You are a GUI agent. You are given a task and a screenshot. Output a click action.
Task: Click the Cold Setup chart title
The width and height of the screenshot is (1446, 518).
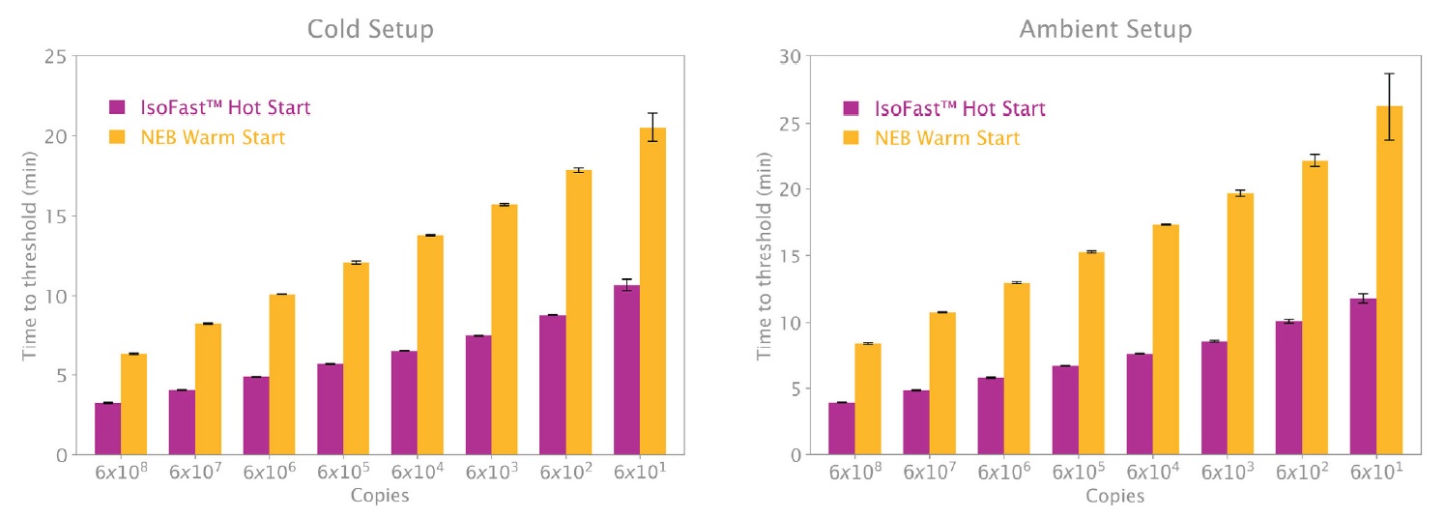click(x=370, y=29)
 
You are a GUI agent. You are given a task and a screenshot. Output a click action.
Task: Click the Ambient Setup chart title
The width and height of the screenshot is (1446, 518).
click(x=1105, y=29)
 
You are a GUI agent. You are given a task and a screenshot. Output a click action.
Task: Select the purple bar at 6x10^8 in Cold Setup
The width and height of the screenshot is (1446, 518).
click(x=108, y=429)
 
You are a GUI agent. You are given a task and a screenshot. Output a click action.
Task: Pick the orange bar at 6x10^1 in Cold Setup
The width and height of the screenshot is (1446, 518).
click(x=652, y=291)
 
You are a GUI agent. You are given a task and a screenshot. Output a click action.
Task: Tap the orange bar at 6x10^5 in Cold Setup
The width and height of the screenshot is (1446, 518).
click(x=357, y=359)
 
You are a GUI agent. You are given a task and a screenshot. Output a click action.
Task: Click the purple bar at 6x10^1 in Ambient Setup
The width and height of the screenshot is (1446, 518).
click(x=1363, y=377)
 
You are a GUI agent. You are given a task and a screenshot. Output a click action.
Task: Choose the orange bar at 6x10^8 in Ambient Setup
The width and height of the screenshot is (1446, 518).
click(x=868, y=399)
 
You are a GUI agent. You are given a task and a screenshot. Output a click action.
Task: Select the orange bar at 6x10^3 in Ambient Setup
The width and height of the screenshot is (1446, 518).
click(x=1240, y=324)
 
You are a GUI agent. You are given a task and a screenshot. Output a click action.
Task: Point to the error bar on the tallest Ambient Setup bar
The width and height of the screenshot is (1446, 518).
click(x=1389, y=106)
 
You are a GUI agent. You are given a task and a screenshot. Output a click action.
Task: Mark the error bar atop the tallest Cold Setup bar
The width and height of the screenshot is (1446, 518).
click(x=652, y=127)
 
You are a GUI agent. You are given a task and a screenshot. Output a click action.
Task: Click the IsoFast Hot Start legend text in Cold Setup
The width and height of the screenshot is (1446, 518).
click(x=225, y=107)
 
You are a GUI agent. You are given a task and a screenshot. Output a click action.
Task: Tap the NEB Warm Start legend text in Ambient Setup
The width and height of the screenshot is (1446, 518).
click(x=947, y=138)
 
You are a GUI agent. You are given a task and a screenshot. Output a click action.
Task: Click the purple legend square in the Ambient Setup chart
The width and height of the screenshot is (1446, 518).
click(x=851, y=108)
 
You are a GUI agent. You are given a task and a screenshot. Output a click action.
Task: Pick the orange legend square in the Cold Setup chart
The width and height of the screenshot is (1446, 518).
click(x=117, y=137)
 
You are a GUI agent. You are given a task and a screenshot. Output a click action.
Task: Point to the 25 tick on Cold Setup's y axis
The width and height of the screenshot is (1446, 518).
click(x=55, y=57)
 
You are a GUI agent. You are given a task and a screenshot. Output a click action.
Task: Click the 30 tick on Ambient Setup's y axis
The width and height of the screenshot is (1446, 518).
click(x=790, y=57)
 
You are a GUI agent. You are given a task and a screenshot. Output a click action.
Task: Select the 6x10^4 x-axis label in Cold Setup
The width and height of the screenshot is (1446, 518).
click(x=417, y=472)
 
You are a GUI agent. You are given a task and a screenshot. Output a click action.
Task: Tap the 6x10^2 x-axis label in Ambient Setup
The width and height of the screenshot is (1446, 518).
click(x=1301, y=472)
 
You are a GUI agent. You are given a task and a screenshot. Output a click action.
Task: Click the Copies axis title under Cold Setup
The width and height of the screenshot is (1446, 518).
click(x=380, y=496)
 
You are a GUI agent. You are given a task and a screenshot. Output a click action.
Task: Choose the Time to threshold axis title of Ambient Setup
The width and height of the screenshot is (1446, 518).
click(x=764, y=255)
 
